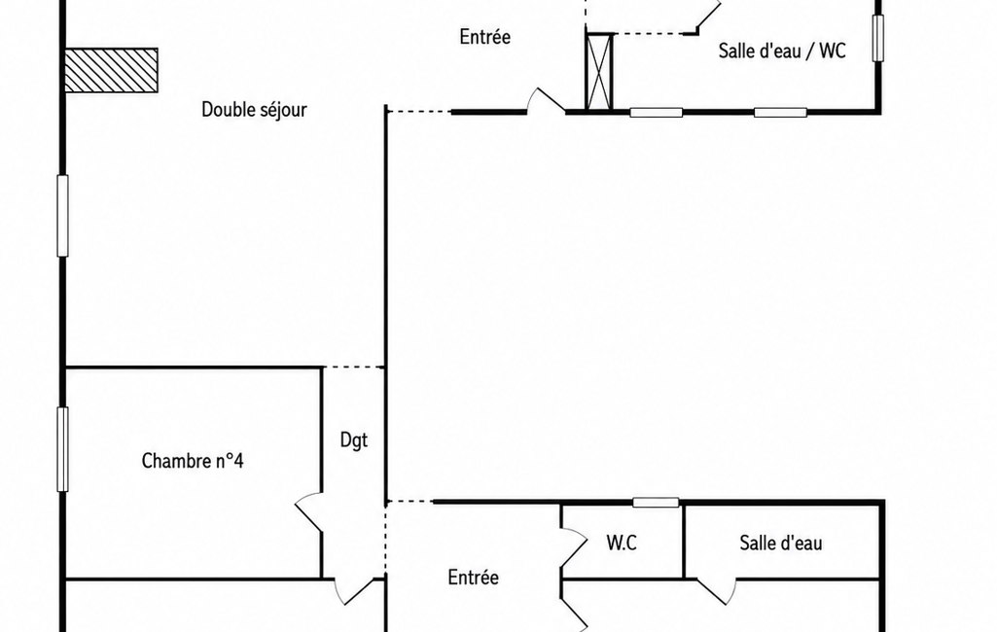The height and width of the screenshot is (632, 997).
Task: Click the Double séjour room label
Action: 254,109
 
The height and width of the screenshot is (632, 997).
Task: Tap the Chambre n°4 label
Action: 192,460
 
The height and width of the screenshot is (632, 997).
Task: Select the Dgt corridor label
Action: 353,440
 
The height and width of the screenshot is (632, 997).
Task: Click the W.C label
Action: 622,543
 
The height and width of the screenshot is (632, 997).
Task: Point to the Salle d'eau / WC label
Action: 782,51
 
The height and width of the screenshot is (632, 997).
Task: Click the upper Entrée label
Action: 485,37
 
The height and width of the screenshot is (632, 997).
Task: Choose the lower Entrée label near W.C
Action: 473,578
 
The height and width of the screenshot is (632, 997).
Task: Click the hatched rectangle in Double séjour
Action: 111,70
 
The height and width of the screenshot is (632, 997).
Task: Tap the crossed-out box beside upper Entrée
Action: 599,72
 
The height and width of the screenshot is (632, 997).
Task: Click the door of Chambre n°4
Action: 308,511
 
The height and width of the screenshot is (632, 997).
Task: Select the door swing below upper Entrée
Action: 546,100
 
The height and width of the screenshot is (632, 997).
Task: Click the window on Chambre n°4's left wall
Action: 62,449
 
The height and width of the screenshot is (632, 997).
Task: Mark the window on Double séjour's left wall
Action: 62,216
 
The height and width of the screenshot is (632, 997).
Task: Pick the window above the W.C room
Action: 656,503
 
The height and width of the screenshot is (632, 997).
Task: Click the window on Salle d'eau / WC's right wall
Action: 878,38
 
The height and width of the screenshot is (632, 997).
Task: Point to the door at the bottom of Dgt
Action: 353,590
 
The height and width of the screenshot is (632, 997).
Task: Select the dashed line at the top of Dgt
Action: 353,367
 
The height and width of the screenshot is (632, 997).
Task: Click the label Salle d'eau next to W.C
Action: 781,543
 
